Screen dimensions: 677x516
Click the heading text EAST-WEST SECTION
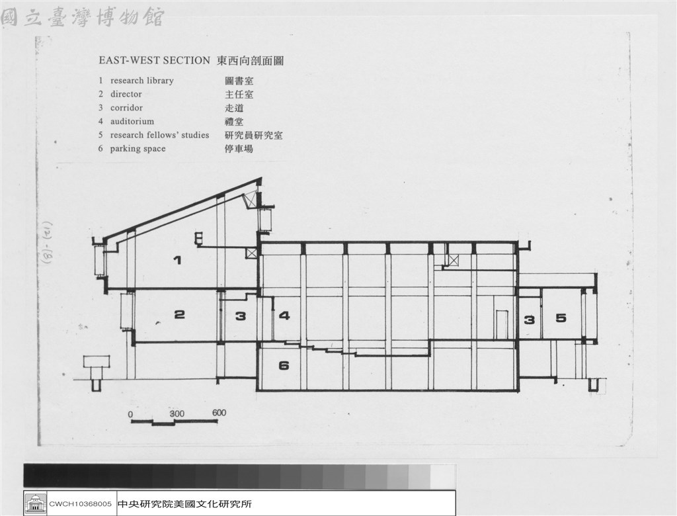pos(154,60)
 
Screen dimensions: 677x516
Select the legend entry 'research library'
pos(142,81)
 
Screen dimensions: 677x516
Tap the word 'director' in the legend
pos(126,94)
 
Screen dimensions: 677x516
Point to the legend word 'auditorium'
pos(132,122)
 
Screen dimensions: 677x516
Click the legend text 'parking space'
pos(138,149)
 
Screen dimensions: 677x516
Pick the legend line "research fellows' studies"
pos(160,135)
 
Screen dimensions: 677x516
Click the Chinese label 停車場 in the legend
pos(239,149)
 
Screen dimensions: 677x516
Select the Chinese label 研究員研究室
pos(253,135)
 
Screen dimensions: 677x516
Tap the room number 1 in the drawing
pos(177,260)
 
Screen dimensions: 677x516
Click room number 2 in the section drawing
pos(179,315)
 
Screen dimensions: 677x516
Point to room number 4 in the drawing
pos(284,316)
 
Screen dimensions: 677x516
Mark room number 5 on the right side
pos(561,318)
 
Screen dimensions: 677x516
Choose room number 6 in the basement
pos(284,366)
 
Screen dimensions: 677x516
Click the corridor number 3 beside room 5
pos(530,320)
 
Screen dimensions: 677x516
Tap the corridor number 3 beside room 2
pos(241,316)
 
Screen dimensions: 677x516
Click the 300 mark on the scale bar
pos(177,413)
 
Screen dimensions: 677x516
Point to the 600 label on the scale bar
pos(219,413)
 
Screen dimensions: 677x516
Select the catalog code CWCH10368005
pos(80,504)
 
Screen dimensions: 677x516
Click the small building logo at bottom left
pos(36,503)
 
